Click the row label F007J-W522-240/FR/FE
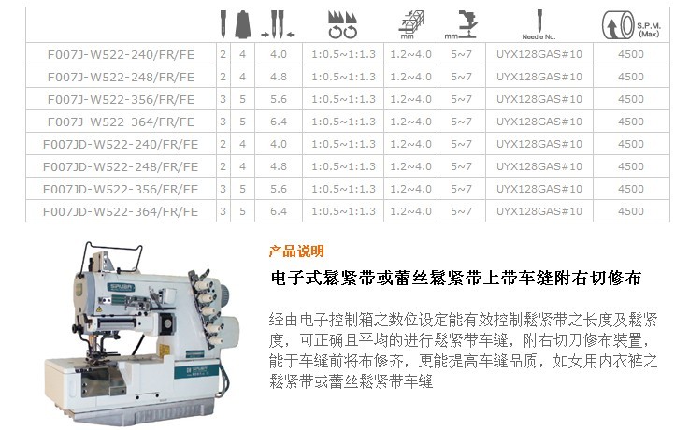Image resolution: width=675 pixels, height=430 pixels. (x=121, y=54)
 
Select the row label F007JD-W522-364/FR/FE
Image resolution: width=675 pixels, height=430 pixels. (x=121, y=212)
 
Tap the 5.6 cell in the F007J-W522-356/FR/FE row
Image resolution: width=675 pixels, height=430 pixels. (x=279, y=99)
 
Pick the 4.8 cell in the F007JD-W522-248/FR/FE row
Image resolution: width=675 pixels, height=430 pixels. (x=279, y=166)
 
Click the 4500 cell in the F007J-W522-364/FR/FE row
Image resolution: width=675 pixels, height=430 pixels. (x=631, y=122)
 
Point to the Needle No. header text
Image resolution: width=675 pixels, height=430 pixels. (x=539, y=37)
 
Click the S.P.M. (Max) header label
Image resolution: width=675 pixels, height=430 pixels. (x=649, y=30)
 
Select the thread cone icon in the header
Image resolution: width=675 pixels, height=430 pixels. (x=243, y=24)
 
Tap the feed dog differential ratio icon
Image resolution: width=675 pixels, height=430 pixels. (x=342, y=25)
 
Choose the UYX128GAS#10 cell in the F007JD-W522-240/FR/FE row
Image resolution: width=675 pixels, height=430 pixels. (x=539, y=144)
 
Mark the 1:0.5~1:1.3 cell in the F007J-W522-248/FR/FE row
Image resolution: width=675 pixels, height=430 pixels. (x=343, y=77)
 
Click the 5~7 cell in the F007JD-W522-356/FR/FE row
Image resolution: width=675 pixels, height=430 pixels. (x=461, y=189)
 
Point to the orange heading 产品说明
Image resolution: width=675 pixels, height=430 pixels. (x=296, y=251)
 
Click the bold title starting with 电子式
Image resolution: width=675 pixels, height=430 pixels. (x=456, y=278)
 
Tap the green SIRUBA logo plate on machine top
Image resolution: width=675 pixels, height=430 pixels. (x=121, y=287)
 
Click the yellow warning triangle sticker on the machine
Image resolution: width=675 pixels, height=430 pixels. (x=99, y=310)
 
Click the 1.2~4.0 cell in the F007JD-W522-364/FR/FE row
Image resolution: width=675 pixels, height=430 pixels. (x=410, y=211)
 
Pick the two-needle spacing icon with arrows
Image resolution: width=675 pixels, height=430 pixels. (x=278, y=24)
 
